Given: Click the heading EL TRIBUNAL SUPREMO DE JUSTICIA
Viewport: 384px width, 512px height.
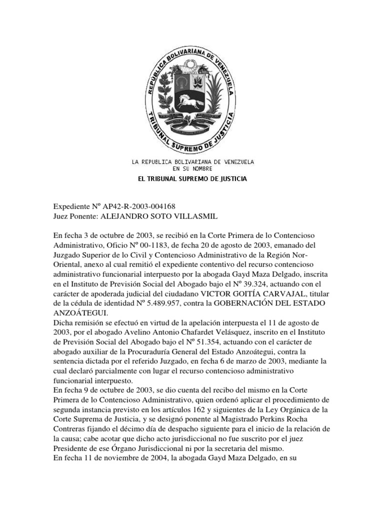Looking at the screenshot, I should pos(192,178).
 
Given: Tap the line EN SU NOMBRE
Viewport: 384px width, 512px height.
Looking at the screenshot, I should pos(192,168).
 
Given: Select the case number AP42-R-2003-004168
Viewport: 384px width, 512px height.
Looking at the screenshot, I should pos(140,206).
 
